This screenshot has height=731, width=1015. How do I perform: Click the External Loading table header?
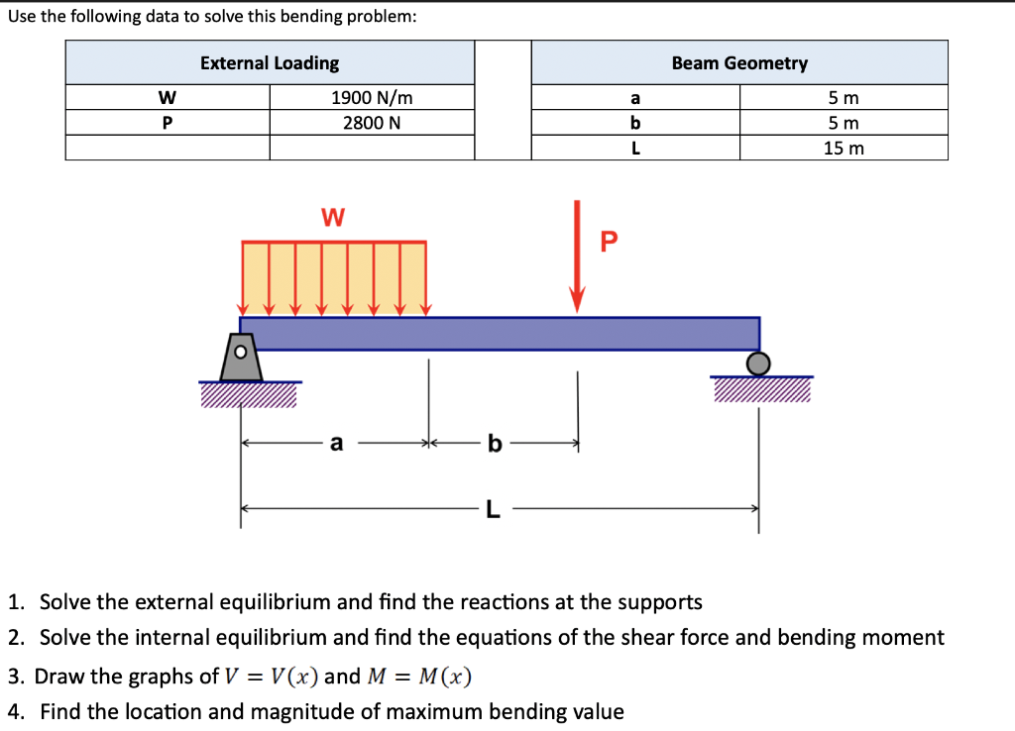click(270, 63)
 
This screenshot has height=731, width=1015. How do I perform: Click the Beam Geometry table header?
click(739, 63)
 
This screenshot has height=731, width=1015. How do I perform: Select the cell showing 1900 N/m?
click(372, 98)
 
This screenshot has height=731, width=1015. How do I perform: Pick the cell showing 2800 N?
click(372, 123)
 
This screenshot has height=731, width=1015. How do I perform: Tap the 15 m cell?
click(844, 148)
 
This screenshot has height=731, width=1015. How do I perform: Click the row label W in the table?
click(168, 98)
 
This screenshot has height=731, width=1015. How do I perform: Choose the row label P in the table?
click(168, 123)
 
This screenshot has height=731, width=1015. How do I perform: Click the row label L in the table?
click(635, 148)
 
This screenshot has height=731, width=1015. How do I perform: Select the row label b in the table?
click(635, 123)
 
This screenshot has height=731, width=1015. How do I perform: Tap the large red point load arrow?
click(577, 258)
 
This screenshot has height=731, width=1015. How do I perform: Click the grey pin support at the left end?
click(241, 358)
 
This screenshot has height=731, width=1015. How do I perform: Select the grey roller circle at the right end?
click(758, 364)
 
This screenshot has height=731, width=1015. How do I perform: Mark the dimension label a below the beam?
click(337, 444)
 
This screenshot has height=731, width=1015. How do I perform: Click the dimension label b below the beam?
click(494, 444)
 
